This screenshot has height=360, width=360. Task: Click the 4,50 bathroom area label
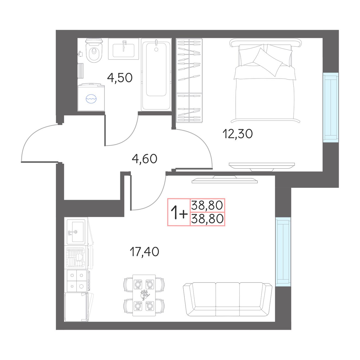tap(120, 78)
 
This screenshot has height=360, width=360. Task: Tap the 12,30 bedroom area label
tap(238, 134)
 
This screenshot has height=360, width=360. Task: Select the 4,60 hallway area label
tap(145, 159)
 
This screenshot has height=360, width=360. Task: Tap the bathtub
tap(156, 75)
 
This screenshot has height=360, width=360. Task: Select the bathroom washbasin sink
tap(124, 49)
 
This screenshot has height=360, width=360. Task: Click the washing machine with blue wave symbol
tap(91, 97)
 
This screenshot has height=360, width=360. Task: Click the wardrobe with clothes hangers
tap(189, 80)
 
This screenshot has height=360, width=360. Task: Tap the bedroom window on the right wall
tap(331, 107)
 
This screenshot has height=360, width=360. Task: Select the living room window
tap(283, 251)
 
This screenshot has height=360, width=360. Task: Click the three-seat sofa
tap(227, 299)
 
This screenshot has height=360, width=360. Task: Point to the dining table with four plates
tap(144, 295)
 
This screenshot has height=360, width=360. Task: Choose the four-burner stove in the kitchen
tap(77, 281)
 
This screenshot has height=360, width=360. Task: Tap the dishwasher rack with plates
tap(75, 257)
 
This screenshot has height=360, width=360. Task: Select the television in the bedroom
tap(262, 167)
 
